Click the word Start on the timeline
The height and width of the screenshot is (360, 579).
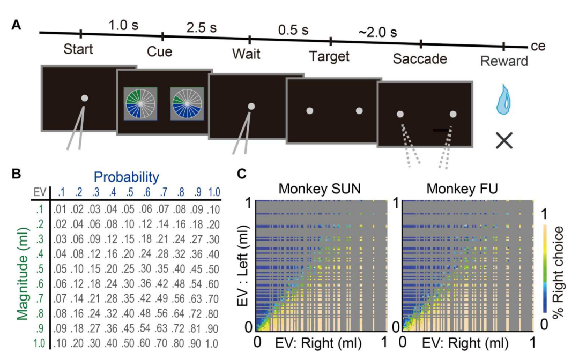78,50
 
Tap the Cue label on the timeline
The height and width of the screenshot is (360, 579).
159,52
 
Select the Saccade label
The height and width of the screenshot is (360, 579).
420,58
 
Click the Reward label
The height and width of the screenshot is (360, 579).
503,61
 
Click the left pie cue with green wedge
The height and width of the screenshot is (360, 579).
139,103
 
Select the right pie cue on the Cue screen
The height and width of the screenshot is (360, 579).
187,103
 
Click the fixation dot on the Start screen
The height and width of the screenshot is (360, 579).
85,98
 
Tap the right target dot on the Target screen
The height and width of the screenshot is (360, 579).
359,111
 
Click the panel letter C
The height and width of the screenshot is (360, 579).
242,174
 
